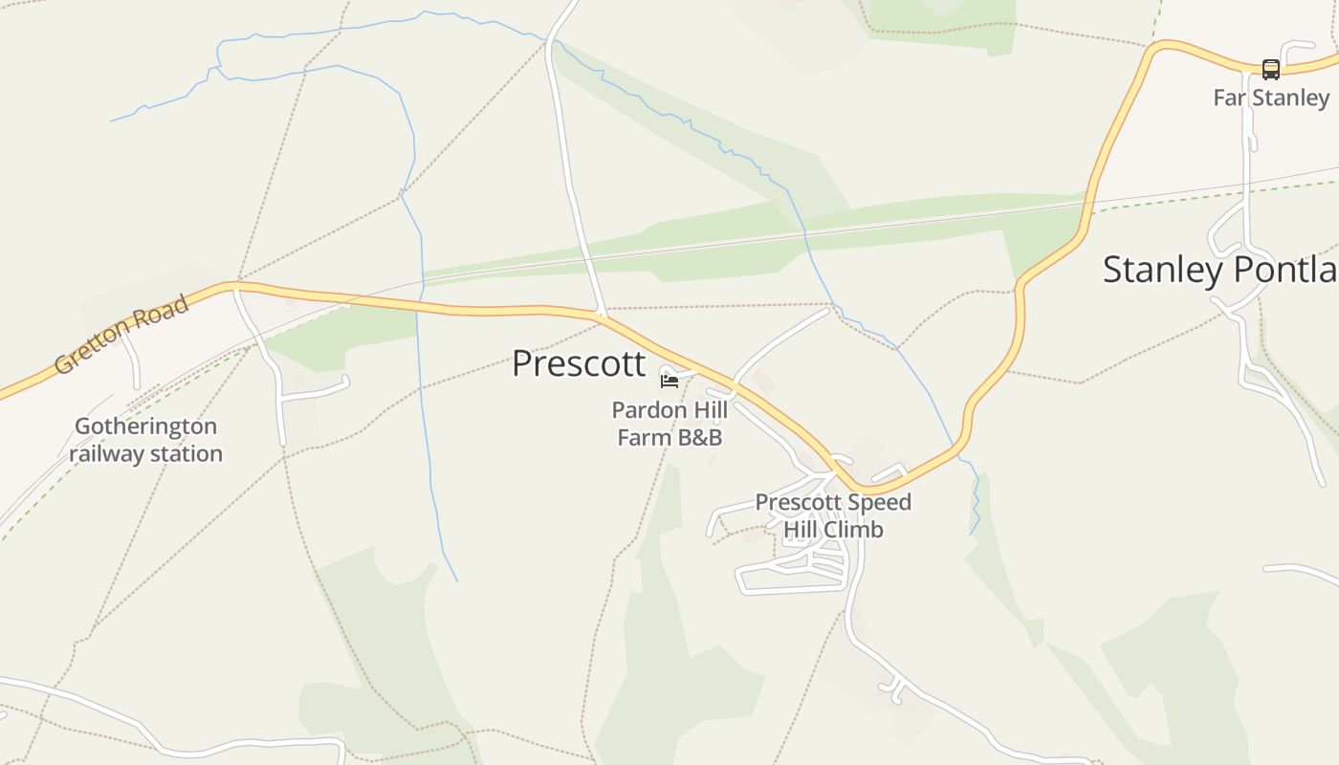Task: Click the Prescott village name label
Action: pos(579,364)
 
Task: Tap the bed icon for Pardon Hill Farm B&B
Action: pos(669,381)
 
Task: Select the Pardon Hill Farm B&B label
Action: pos(669,424)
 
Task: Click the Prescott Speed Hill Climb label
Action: pos(833,515)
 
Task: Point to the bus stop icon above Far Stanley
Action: pos(1270,70)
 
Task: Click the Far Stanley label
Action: pos(1270,98)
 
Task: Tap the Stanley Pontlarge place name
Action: pos(1219,270)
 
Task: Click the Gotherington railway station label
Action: pos(145,440)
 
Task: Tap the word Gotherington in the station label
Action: pos(145,426)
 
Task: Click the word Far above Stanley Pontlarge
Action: pos(1229,98)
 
